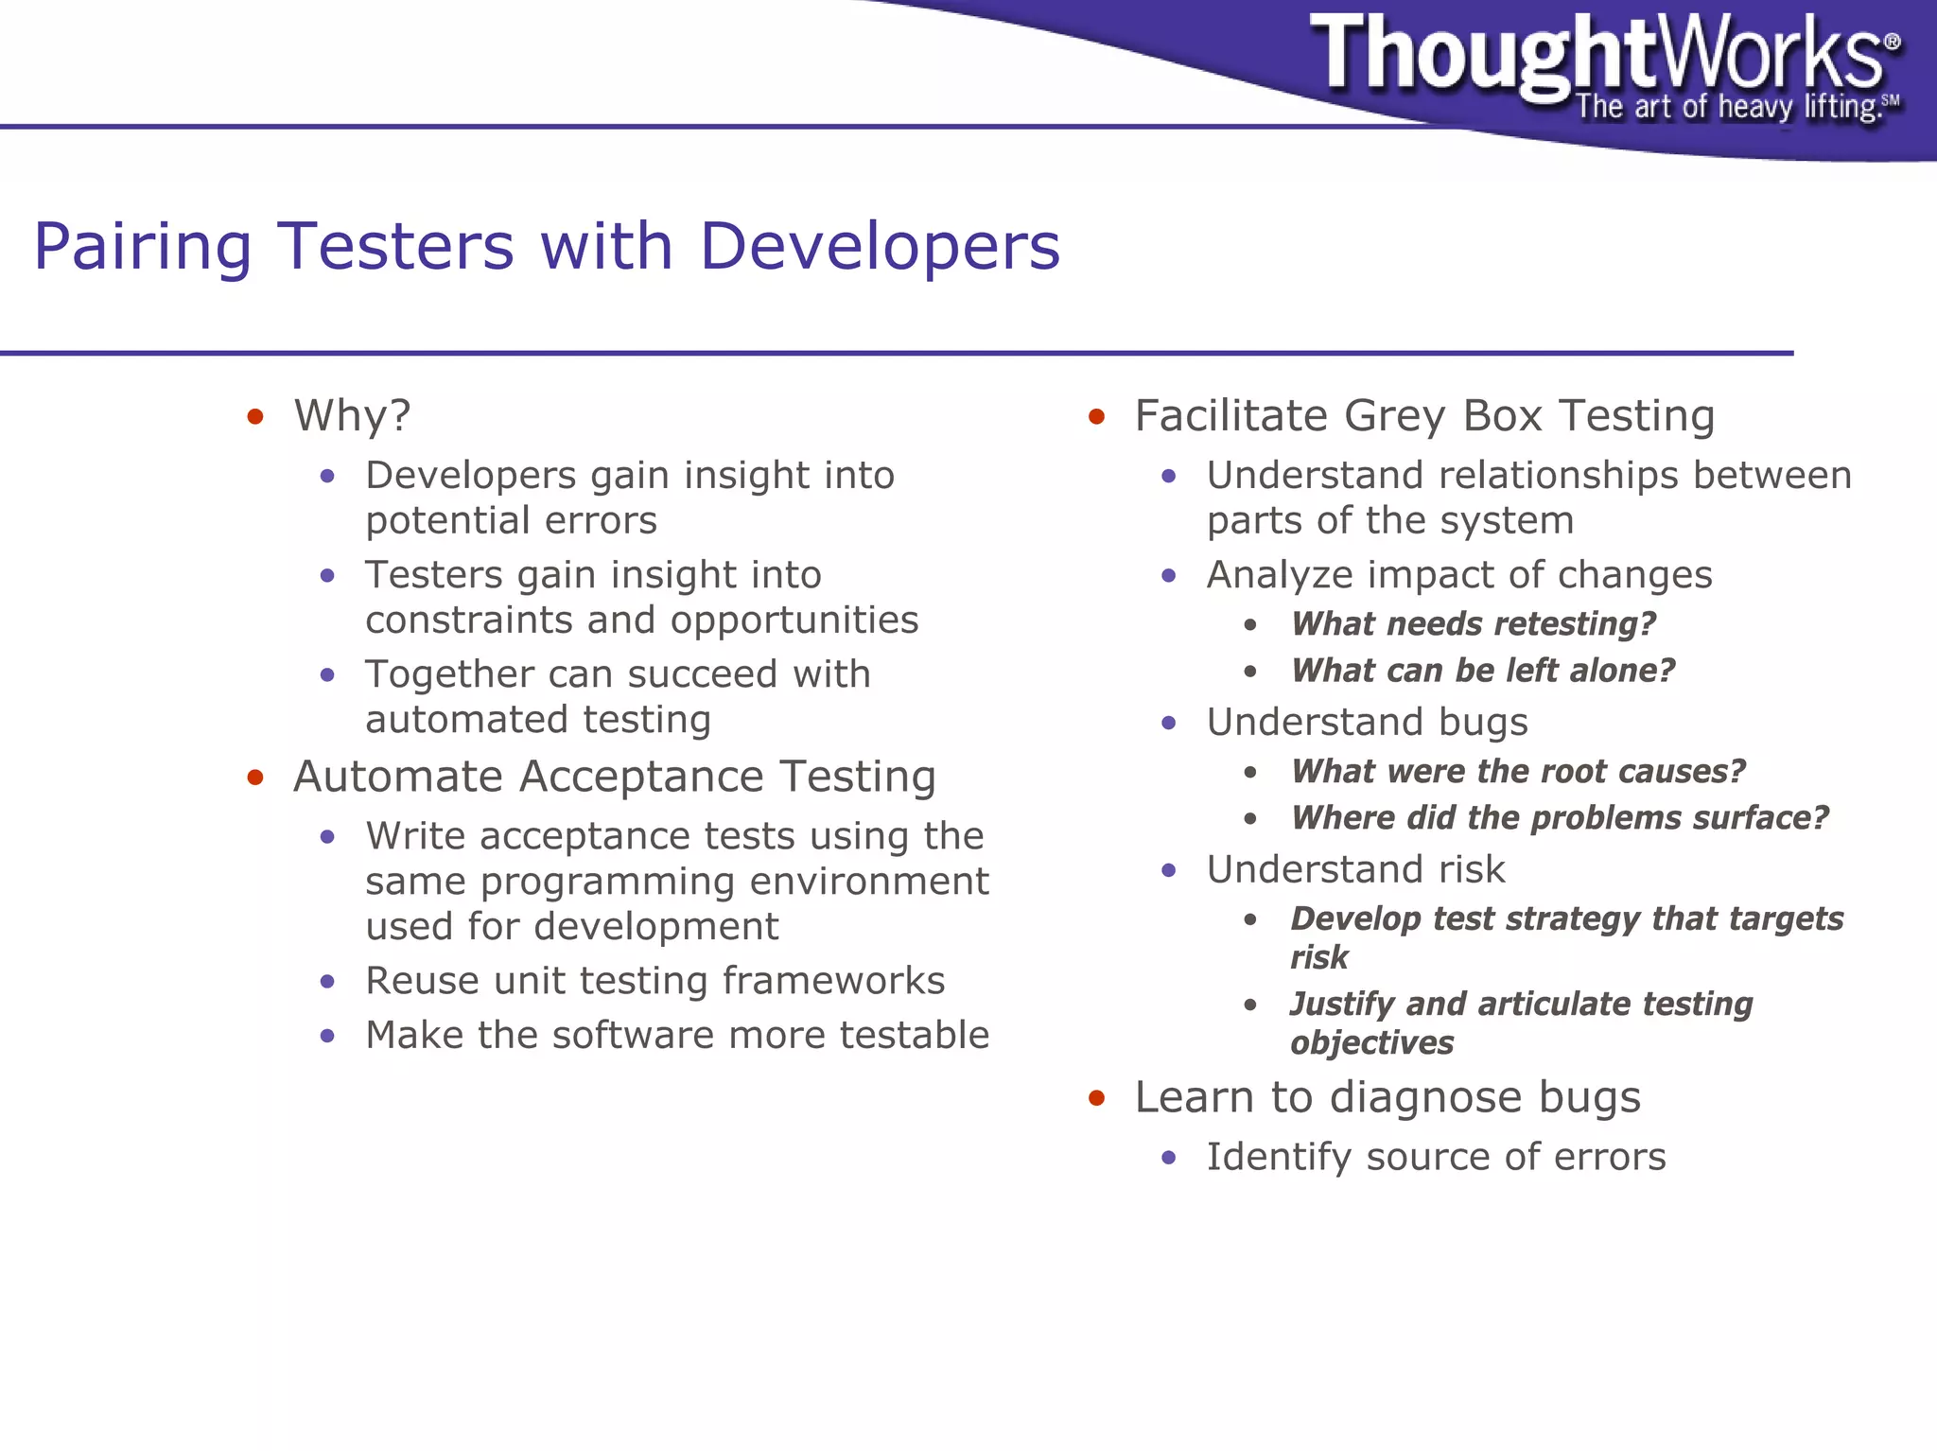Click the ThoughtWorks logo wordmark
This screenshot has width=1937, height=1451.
coord(1598,55)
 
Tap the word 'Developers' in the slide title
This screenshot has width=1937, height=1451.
coord(880,246)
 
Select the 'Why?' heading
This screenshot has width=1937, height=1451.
coord(352,416)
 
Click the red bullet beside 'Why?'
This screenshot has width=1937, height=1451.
coord(254,417)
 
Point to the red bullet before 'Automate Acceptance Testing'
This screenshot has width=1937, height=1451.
coord(254,778)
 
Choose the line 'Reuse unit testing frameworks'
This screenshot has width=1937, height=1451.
coord(654,981)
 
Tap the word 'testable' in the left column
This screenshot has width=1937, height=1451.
coord(914,1035)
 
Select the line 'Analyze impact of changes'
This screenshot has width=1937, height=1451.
coord(1458,575)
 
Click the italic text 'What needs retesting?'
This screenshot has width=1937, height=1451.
coord(1473,624)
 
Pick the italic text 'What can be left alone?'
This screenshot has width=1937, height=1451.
coord(1482,671)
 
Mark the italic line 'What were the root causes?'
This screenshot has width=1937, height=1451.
coord(1517,772)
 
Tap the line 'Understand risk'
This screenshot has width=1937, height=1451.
coord(1354,869)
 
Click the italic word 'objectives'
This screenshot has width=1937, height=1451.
coord(1371,1043)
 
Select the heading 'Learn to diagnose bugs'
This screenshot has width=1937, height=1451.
coord(1387,1098)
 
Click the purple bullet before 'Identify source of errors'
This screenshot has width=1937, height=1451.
coord(1169,1158)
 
